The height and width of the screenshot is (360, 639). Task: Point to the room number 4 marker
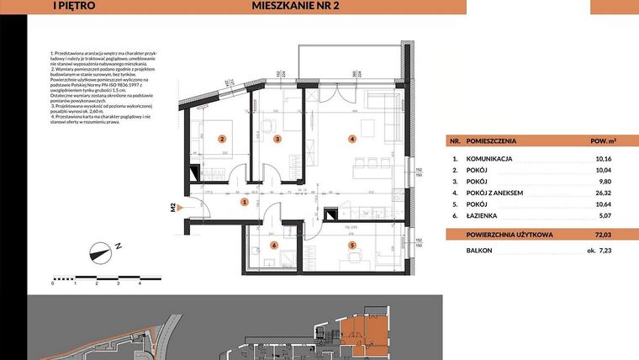pyautogui.click(x=353, y=139)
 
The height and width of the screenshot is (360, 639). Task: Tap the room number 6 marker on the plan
pyautogui.click(x=274, y=245)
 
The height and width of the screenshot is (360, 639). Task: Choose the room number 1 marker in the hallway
pyautogui.click(x=244, y=202)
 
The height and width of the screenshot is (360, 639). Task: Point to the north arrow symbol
pyautogui.click(x=102, y=250)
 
